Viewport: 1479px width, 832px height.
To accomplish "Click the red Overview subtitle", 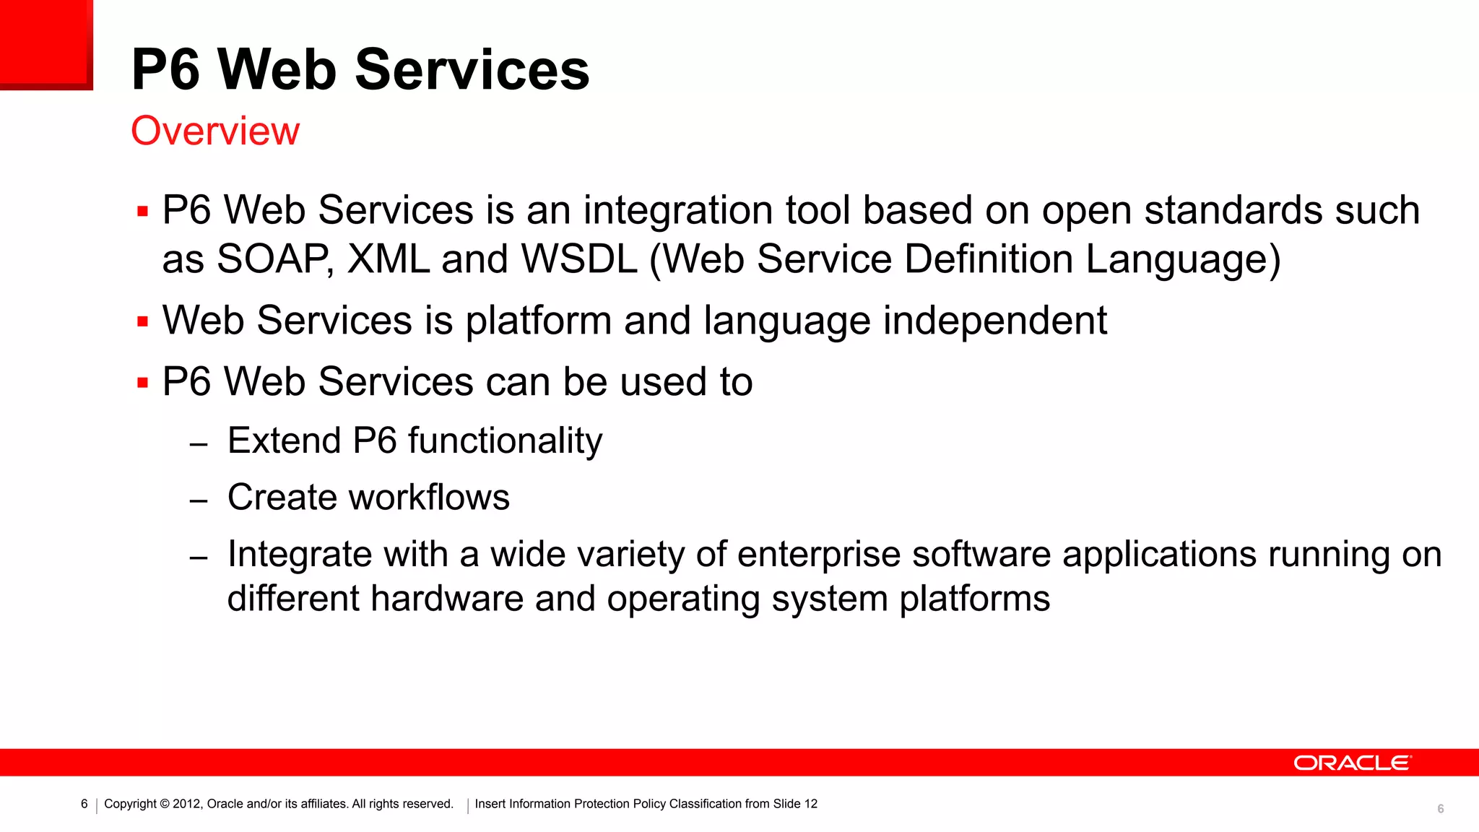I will pyautogui.click(x=214, y=131).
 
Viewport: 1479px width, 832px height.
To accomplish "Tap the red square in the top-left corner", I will pyautogui.click(x=45, y=43).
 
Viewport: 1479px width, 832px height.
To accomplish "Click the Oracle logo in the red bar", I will pyautogui.click(x=1351, y=763).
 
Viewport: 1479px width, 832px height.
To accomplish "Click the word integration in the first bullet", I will pyautogui.click(x=678, y=211).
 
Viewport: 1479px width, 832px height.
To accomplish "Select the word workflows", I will pyautogui.click(x=429, y=498).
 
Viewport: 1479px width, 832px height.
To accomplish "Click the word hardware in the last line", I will pyautogui.click(x=447, y=599).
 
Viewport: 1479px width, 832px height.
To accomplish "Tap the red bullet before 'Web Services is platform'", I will pyautogui.click(x=142, y=321).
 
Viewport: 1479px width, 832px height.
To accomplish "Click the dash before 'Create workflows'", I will pyautogui.click(x=199, y=500).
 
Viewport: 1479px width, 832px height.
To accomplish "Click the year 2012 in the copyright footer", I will pyautogui.click(x=186, y=804).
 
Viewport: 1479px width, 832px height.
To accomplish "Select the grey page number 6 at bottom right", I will pyautogui.click(x=1440, y=809).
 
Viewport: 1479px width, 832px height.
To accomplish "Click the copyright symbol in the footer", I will pyautogui.click(x=165, y=804).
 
